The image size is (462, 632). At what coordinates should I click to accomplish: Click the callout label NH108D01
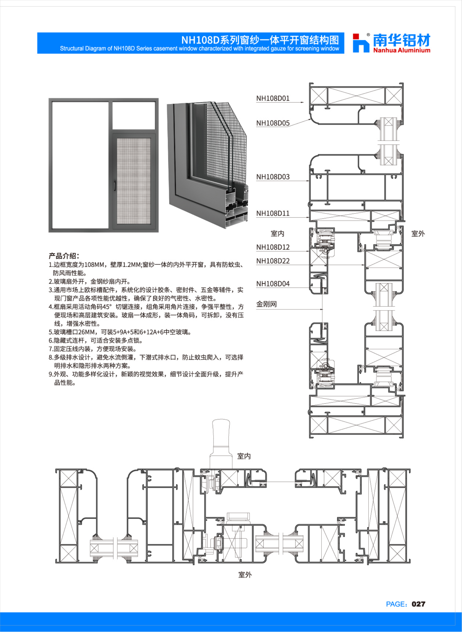(x=273, y=98)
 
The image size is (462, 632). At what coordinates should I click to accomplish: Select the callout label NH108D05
(x=273, y=123)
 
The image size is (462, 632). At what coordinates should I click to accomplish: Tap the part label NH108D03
(x=273, y=177)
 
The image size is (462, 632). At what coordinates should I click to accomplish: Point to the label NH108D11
(x=273, y=213)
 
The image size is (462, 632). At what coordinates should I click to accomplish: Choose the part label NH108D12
(x=273, y=247)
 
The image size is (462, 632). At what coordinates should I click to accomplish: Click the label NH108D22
(x=273, y=261)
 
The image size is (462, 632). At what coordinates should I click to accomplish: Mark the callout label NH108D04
(x=273, y=283)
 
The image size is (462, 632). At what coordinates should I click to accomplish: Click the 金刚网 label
(x=266, y=304)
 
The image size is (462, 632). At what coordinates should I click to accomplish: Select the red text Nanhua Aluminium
(x=402, y=50)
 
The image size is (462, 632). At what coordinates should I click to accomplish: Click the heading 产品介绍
(x=64, y=256)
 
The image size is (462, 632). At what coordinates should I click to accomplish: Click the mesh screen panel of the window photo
(x=134, y=181)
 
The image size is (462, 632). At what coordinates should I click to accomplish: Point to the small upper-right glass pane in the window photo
(x=134, y=115)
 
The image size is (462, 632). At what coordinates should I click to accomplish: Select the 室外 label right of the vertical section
(x=418, y=234)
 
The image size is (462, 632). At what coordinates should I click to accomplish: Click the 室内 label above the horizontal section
(x=244, y=456)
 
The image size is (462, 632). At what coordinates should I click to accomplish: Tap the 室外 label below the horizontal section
(x=245, y=575)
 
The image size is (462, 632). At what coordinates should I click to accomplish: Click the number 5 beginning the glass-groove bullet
(x=50, y=332)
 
